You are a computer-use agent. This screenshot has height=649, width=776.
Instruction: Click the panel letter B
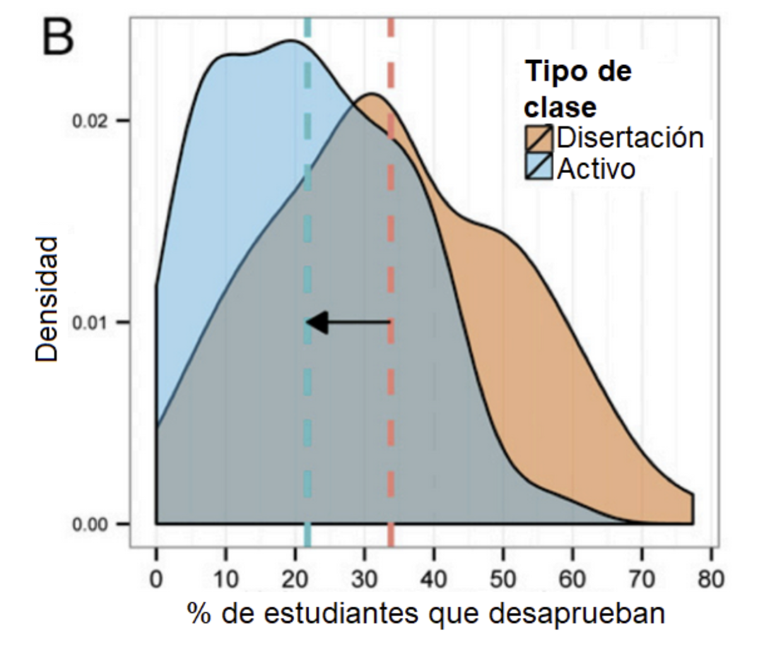58,38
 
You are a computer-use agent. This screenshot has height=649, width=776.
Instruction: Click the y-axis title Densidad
47,299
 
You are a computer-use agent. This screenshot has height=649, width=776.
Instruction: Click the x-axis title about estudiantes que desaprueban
425,613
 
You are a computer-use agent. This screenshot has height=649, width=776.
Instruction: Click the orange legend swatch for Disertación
539,138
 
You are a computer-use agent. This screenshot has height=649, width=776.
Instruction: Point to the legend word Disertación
629,138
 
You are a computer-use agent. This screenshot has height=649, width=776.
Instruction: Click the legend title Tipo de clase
577,89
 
